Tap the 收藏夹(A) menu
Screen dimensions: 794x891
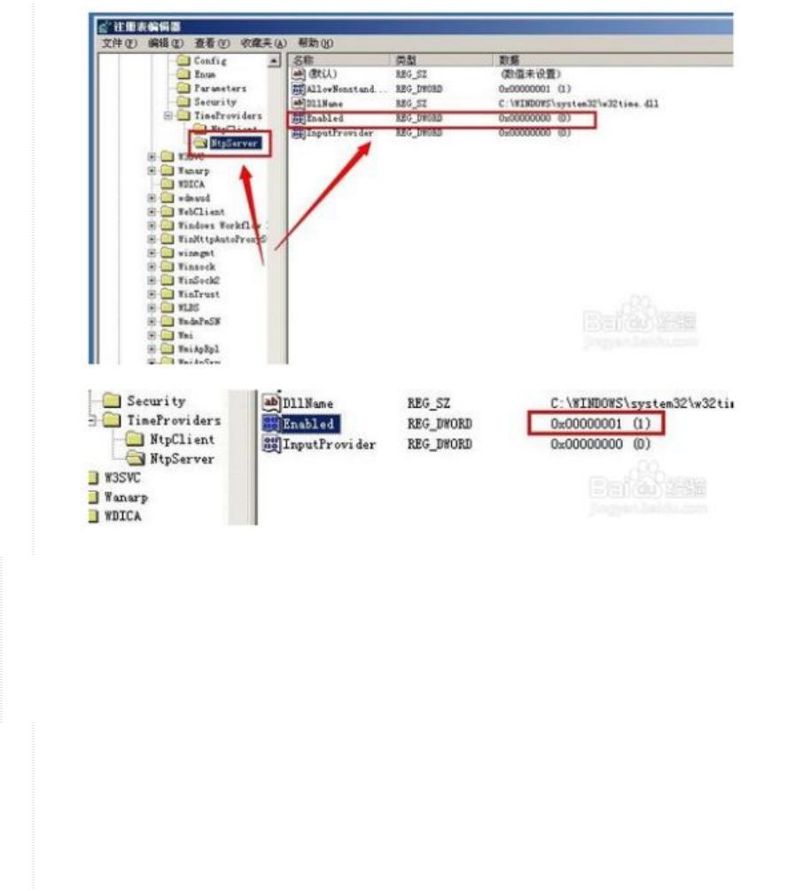click(x=260, y=43)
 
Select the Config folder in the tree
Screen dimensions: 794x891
click(x=210, y=61)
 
